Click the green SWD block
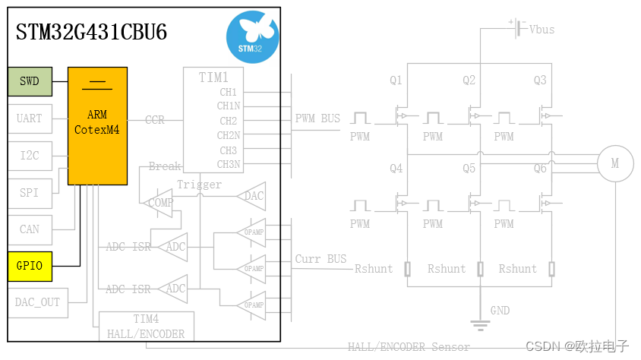30,81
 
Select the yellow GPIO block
30,266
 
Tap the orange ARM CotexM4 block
97,125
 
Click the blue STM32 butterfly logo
252,37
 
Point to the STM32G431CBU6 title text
92,33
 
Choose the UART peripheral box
30,118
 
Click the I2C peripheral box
30,156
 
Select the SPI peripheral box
30,193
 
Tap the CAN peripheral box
30,229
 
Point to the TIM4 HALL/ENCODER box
147,327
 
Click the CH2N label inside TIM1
229,135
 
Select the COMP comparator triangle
159,203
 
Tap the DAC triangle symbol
252,196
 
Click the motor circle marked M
615,163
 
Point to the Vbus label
542,30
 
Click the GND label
500,311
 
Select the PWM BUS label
317,118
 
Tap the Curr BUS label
320,259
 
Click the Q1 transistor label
395,80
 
